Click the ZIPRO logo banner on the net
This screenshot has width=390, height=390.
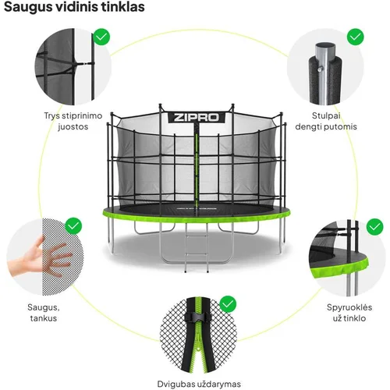click(197, 118)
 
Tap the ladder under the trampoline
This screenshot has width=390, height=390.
click(197, 247)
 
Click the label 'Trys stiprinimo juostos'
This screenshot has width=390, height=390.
click(73, 121)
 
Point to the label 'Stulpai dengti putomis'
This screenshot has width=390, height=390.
click(326, 121)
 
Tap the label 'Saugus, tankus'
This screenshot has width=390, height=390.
click(44, 313)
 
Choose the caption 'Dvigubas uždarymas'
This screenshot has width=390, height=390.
click(199, 384)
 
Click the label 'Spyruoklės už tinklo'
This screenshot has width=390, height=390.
click(349, 313)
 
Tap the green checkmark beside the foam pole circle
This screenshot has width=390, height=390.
click(356, 37)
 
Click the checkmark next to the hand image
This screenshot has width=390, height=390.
click(73, 225)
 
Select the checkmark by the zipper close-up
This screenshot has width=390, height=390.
click(228, 303)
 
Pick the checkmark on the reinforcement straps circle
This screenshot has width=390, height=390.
click(101, 37)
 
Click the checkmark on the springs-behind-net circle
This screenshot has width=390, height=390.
click(374, 227)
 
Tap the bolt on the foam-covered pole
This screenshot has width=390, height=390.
click(321, 69)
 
